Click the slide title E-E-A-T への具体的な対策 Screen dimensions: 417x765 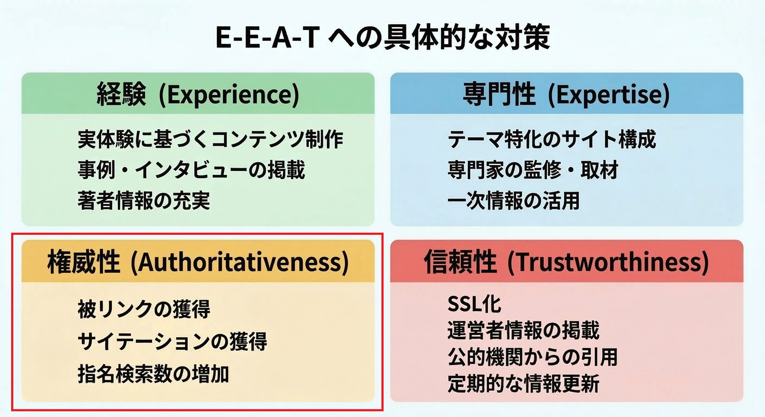[x=382, y=38]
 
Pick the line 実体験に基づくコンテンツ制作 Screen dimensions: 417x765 [x=210, y=139]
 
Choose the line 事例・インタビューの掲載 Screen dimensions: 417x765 [x=191, y=170]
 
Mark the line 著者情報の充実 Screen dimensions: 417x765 [x=144, y=200]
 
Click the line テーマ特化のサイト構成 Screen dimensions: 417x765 [x=551, y=139]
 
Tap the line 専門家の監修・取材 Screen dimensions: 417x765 [x=533, y=170]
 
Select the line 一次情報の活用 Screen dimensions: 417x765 [x=513, y=200]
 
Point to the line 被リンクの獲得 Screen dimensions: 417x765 [x=144, y=309]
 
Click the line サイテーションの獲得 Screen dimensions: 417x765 [x=172, y=341]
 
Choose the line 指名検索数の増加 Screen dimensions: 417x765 [x=153, y=374]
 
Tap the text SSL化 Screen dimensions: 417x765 [x=474, y=304]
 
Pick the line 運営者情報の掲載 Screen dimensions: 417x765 [x=523, y=330]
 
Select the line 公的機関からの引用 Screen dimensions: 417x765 [x=532, y=357]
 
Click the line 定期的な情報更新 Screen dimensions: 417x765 [x=523, y=383]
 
